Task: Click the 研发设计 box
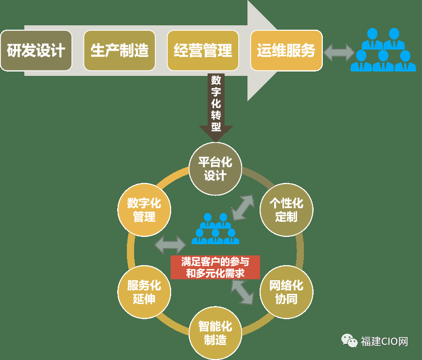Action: point(36,51)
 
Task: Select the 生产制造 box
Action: point(120,51)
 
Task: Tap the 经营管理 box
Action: point(203,51)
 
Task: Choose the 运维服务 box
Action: point(286,51)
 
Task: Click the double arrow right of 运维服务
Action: point(339,53)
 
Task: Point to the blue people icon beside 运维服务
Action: point(383,50)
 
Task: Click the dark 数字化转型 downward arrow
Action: point(216,108)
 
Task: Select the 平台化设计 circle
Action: point(215,169)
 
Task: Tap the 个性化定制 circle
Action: point(286,210)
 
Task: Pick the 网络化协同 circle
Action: point(286,292)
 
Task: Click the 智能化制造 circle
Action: point(215,333)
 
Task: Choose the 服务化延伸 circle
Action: point(144,292)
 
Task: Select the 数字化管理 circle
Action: point(144,210)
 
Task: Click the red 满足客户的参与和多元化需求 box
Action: point(215,267)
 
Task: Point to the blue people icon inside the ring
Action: point(215,229)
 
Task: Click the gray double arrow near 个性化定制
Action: point(243,208)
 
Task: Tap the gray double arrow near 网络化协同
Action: point(242,292)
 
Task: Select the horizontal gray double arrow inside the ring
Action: point(170,245)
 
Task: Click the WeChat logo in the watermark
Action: point(350,341)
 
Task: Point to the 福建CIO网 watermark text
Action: point(384,342)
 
